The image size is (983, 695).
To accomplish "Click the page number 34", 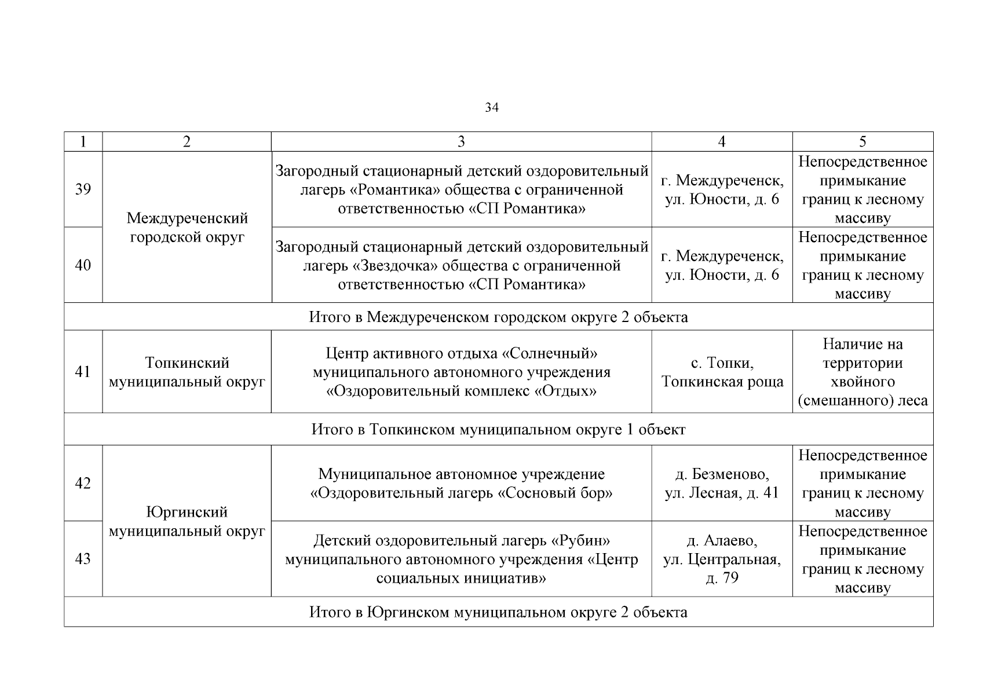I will coord(491,108).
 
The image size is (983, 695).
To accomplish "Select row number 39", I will coord(83,189).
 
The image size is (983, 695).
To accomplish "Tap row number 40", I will coord(83,265).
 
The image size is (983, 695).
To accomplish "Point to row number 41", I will coord(83,372).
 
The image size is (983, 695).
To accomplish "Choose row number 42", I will coord(83,484).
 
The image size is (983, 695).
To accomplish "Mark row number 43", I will coord(83,559).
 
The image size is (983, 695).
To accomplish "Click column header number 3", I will coord(461,142).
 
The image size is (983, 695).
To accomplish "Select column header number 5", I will coord(863,142).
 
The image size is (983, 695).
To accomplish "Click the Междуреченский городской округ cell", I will coord(187,228).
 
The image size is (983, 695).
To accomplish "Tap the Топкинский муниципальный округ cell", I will coord(187,372).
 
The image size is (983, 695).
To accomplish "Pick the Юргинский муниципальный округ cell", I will coord(187,521).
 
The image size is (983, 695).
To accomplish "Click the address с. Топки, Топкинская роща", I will coord(722,372).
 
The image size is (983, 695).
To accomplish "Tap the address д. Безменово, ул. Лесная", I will coord(722,484).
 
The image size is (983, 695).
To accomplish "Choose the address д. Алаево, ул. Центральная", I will coord(722,559).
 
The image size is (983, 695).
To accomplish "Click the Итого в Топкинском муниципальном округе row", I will coord(498,430).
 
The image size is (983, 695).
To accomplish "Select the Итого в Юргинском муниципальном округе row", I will coord(498,612).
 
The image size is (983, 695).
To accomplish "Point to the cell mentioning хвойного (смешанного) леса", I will coord(863,372).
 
